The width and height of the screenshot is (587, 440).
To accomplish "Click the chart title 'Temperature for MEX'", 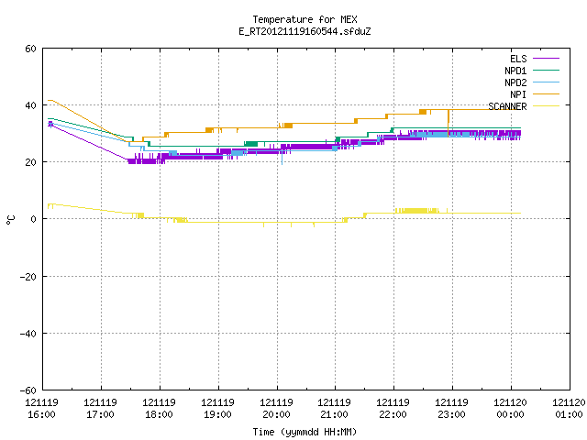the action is tap(305, 19).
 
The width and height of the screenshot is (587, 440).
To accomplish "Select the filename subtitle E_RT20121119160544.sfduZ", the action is tap(305, 31).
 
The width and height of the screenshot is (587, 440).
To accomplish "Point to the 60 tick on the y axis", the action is tap(30, 49).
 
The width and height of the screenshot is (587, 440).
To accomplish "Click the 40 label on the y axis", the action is tap(30, 105).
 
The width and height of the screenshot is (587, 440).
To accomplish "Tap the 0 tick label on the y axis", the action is tap(34, 219).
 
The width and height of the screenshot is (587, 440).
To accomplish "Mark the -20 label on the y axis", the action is tap(28, 277).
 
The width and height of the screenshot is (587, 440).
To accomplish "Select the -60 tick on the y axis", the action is tap(28, 390).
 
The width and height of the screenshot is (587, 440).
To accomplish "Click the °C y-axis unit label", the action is tap(10, 220).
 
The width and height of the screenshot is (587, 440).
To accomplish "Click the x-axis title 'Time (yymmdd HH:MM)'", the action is tap(305, 432).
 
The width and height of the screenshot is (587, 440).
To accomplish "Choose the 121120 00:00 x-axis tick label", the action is tap(511, 409).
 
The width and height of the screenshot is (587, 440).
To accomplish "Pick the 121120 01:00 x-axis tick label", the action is tap(569, 409).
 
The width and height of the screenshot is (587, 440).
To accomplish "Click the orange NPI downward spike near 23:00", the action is tap(449, 123).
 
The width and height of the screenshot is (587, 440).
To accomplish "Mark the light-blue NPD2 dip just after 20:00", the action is tap(282, 158).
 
